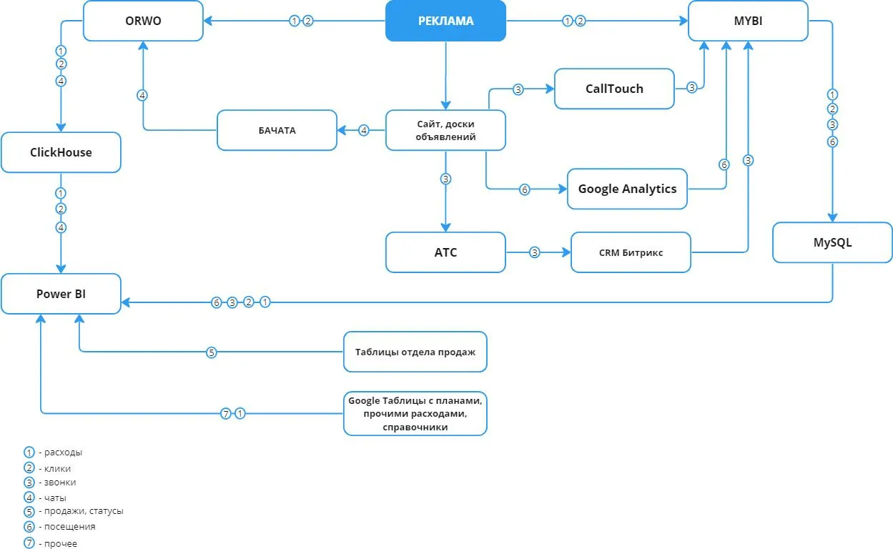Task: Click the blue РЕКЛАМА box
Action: [x=445, y=21]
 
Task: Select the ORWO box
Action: [x=143, y=21]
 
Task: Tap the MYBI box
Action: [x=749, y=21]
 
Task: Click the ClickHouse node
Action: [x=61, y=152]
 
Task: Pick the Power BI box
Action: [x=61, y=294]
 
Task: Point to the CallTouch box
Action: [x=614, y=89]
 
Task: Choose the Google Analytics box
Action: [x=627, y=189]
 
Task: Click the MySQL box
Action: [x=832, y=242]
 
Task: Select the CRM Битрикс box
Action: [x=631, y=252]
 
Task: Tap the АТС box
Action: [x=445, y=252]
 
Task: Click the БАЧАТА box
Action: [x=277, y=130]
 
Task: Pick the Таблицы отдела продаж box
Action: [x=415, y=352]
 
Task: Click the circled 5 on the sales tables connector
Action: [x=212, y=352]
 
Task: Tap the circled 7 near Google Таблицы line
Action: [x=226, y=413]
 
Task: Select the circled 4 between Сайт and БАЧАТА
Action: [x=364, y=130]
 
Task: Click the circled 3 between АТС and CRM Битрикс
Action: [x=535, y=252]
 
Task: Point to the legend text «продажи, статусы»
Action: [x=84, y=511]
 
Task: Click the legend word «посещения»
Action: [x=70, y=527]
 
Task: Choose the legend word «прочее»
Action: [x=61, y=543]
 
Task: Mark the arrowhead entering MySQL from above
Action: [x=832, y=218]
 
